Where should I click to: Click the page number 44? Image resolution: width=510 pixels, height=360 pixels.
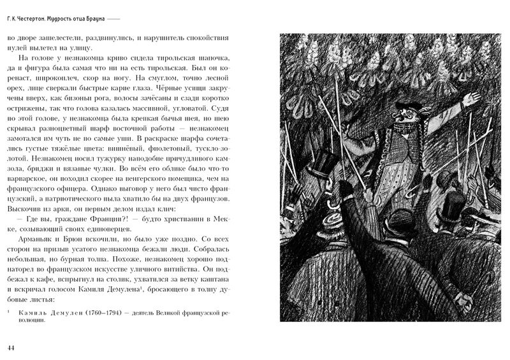(10, 347)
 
